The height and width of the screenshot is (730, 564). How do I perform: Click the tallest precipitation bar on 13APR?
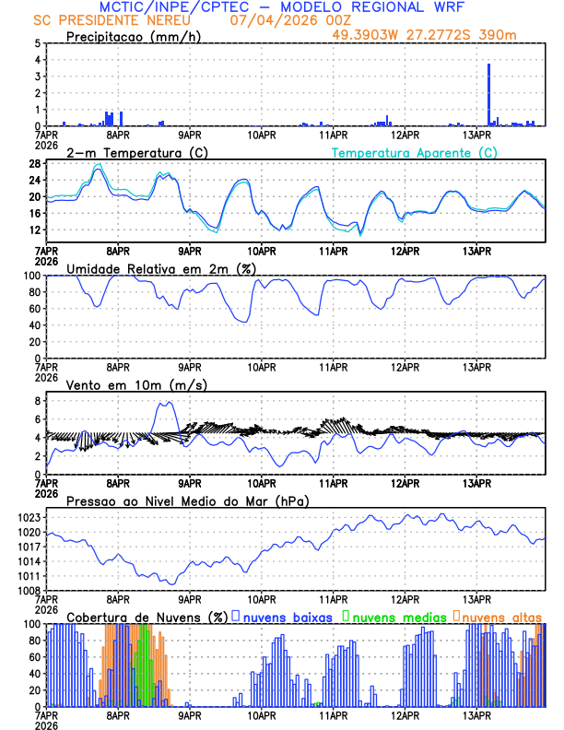488,92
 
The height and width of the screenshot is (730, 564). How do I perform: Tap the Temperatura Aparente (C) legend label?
414,152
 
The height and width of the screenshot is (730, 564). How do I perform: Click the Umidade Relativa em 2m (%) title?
161,268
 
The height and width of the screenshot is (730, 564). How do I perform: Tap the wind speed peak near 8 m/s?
167,403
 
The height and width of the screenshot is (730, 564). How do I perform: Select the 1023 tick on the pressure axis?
28,518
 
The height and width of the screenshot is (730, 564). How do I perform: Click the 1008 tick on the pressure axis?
28,590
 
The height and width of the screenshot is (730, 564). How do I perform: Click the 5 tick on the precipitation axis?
38,43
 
